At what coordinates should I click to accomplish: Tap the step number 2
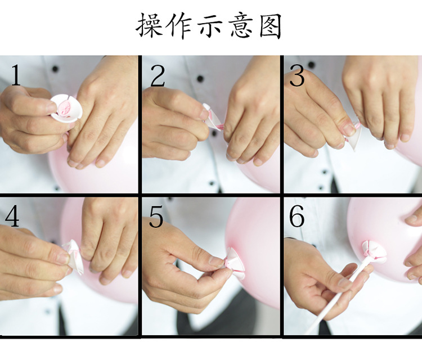tap(158, 76)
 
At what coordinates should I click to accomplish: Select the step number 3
tap(298, 76)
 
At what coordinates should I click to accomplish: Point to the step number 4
tap(12, 216)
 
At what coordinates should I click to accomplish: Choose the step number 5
tap(157, 217)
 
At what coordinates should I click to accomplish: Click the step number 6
tap(297, 217)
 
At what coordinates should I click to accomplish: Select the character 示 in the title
tap(210, 26)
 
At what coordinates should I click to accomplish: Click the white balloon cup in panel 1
tap(66, 107)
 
